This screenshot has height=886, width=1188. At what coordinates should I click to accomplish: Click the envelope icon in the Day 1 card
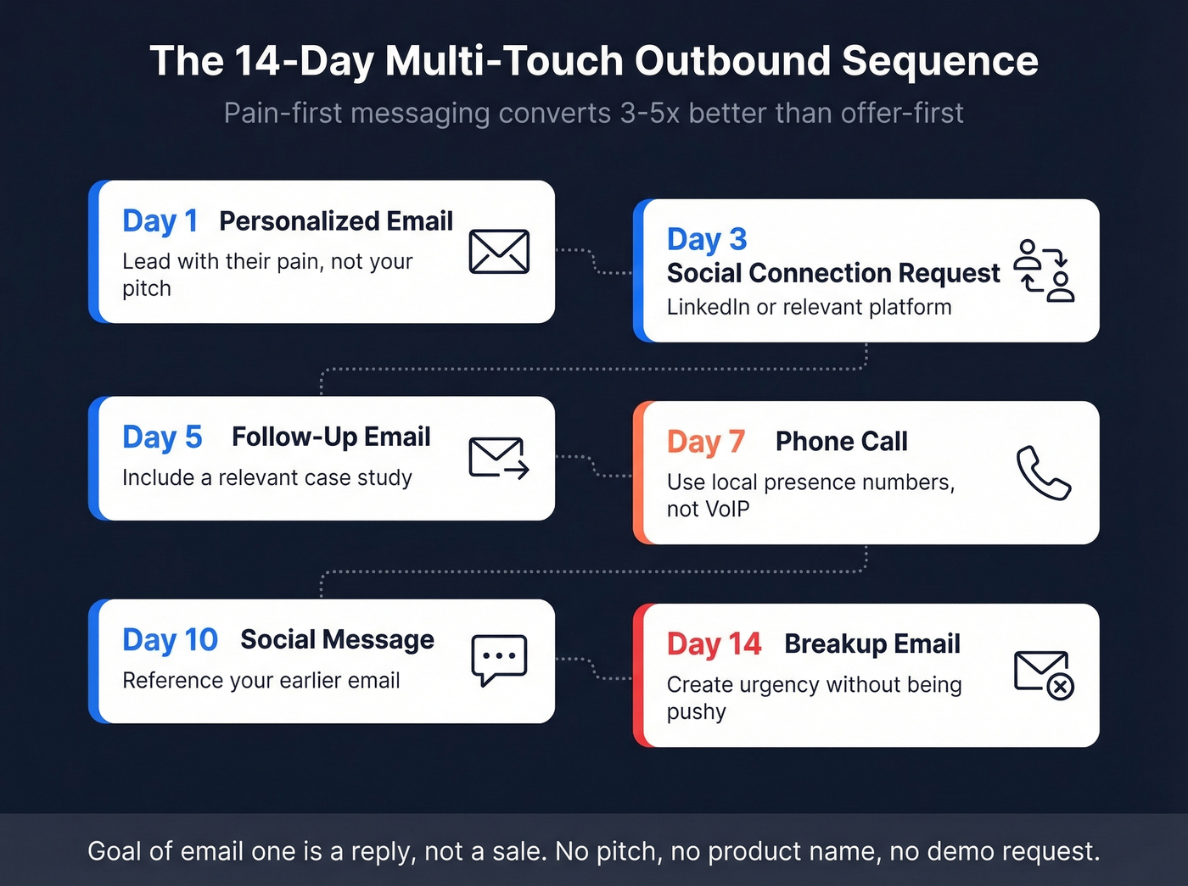[499, 252]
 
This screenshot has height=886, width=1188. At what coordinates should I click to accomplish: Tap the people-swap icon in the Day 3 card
[1045, 270]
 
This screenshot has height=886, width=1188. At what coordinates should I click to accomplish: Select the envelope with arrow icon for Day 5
[499, 458]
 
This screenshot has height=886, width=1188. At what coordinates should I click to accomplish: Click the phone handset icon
[1044, 472]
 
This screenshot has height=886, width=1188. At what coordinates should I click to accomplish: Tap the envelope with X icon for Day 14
[1044, 674]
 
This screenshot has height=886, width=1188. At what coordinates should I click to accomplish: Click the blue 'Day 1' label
[160, 221]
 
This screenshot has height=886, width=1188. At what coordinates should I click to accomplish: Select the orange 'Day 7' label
[705, 442]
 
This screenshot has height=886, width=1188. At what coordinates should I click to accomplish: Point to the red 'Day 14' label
[714, 644]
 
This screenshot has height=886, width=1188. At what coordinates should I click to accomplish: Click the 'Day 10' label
[170, 640]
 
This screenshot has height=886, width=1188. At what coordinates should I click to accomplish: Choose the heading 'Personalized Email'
[336, 221]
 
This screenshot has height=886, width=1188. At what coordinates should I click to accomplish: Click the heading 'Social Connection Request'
[833, 273]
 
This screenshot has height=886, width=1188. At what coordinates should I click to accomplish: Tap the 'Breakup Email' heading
[871, 644]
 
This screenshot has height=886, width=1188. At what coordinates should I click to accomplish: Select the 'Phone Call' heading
[841, 442]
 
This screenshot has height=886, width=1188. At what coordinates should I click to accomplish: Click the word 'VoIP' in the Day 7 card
[728, 510]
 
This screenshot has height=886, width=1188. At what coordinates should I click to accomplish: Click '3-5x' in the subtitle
[650, 113]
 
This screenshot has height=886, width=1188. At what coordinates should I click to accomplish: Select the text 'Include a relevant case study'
[267, 478]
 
